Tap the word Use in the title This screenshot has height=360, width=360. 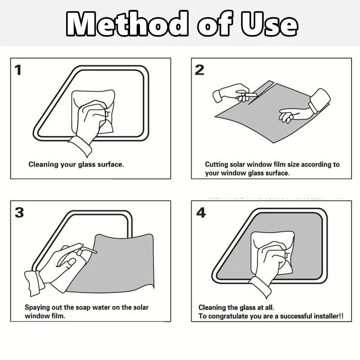coord(269,24)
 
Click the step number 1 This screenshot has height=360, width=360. coord(18,70)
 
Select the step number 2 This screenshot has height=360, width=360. coord(199,70)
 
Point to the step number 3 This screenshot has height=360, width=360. coord(19,212)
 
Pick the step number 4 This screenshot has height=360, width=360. coord(201,212)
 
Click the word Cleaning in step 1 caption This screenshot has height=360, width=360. coord(43,165)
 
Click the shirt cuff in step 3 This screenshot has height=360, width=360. coord(34,283)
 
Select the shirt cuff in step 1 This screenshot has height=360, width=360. coord(81,146)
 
